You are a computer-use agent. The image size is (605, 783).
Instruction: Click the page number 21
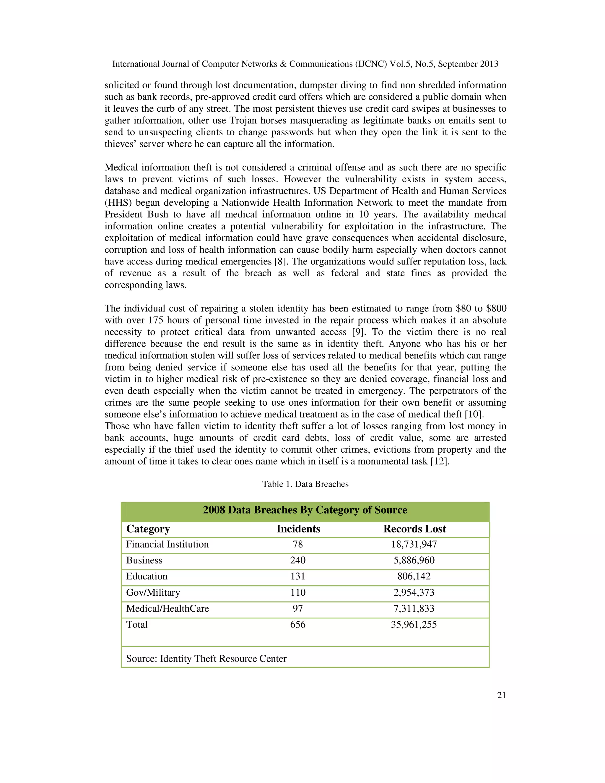[x=501, y=695]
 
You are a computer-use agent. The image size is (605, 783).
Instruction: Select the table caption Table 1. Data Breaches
[x=305, y=484]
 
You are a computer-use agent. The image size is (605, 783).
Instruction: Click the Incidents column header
[x=298, y=529]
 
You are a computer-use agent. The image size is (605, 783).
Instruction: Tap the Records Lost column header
[x=414, y=529]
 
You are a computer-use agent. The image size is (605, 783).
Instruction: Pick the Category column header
[x=148, y=529]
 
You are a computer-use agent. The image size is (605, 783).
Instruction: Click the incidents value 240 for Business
[x=298, y=560]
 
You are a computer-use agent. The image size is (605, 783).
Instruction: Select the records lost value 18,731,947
[x=414, y=544]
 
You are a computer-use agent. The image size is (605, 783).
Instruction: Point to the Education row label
[x=147, y=576]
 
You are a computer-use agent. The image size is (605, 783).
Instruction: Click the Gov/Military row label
[x=153, y=592]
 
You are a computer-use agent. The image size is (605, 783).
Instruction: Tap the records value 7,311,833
[x=414, y=608]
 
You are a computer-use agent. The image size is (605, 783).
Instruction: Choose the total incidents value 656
[x=298, y=625]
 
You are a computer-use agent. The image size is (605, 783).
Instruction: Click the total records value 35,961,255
[x=414, y=625]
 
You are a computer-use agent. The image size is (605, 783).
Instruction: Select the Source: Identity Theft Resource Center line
[x=206, y=659]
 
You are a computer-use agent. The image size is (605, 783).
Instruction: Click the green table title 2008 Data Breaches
[x=305, y=510]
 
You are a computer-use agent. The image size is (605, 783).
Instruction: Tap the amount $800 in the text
[x=496, y=309]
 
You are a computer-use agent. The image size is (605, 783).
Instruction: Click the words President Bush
[x=136, y=215]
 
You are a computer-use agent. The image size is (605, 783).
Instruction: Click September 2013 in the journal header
[x=468, y=64]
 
